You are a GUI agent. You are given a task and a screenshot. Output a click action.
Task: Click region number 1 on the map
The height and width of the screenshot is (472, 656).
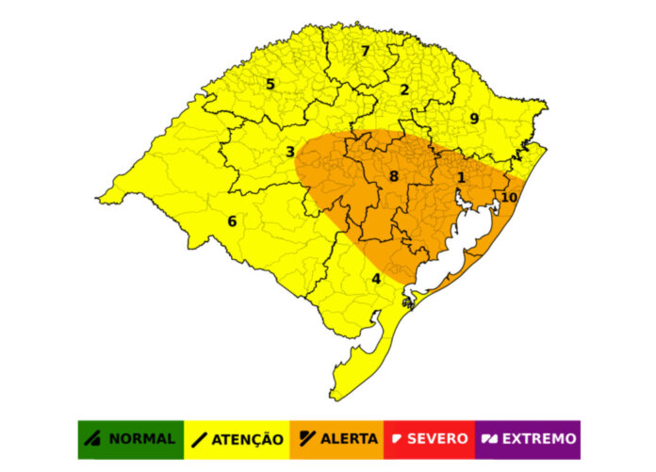[461, 177]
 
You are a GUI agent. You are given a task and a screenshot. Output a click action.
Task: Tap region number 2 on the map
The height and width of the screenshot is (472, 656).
[404, 90]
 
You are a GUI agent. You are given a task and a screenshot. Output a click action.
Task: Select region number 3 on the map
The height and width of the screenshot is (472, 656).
[290, 152]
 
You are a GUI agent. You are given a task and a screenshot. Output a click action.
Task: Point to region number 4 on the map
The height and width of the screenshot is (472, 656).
[376, 278]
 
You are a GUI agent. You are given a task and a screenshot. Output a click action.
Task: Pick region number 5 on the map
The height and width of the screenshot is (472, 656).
[271, 85]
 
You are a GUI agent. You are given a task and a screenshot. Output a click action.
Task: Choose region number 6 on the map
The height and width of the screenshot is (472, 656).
[232, 221]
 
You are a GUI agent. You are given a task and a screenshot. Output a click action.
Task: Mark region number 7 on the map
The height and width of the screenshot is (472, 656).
[365, 51]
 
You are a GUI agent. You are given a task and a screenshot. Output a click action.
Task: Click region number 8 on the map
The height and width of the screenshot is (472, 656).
[394, 176]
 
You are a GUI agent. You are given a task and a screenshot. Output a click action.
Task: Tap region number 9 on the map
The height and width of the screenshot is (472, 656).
[474, 119]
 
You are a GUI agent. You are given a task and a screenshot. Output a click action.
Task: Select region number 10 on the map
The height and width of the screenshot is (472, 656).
[509, 198]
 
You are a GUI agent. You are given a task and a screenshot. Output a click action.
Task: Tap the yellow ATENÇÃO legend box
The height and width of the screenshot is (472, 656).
[236, 439]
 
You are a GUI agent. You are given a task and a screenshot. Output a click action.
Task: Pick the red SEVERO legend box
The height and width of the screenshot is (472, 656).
[430, 439]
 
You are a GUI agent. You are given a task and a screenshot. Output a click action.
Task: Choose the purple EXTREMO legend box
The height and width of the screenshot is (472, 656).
[528, 439]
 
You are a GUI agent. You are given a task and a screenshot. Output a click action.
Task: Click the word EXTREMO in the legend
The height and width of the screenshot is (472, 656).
[539, 439]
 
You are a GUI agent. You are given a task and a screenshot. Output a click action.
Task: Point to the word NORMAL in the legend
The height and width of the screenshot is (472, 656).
[141, 439]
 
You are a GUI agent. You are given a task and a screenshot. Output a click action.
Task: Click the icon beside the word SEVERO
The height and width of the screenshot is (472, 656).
[398, 439]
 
